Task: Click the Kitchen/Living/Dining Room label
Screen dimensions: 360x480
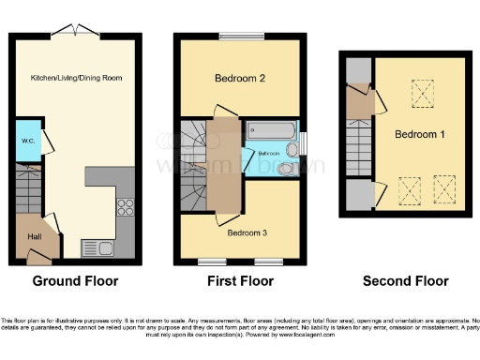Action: pos(76,78)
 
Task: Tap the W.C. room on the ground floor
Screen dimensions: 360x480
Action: pos(28,142)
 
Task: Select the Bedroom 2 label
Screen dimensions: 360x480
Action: pos(239,80)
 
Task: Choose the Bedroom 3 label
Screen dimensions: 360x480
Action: pos(249,232)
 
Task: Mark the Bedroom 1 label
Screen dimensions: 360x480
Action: pos(419,135)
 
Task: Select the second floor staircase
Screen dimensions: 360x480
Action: pos(359,150)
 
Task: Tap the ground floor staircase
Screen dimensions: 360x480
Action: pos(30,193)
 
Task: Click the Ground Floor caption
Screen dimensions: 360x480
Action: pos(75,281)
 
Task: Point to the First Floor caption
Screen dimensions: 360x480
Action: pos(240,281)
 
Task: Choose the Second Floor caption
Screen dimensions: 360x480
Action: pos(406,281)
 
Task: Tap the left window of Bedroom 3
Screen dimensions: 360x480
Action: pos(211,260)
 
